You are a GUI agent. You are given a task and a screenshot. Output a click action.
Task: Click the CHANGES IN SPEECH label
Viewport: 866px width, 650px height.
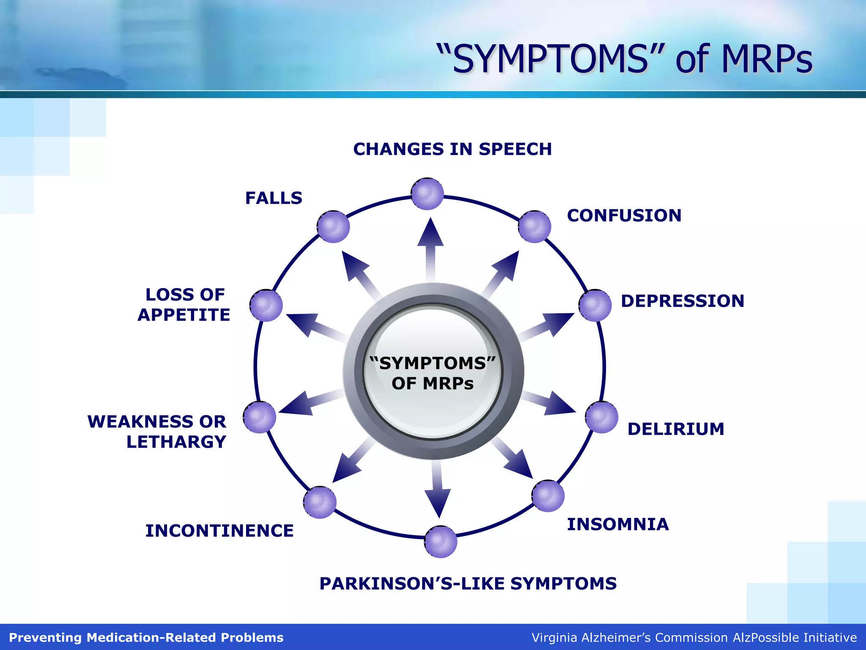[x=452, y=149]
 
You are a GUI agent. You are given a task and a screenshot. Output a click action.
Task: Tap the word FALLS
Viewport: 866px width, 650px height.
[x=274, y=198]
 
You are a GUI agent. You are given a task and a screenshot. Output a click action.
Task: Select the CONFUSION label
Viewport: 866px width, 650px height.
[x=624, y=215]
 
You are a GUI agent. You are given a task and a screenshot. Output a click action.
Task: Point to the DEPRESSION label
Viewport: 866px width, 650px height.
[x=682, y=301]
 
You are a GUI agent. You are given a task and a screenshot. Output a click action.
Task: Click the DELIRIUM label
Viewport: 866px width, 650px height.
[x=676, y=429]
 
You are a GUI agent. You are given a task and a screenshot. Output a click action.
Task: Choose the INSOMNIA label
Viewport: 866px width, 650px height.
[x=618, y=524]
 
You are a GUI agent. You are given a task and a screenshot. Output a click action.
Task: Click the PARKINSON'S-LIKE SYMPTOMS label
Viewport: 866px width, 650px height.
[x=468, y=584]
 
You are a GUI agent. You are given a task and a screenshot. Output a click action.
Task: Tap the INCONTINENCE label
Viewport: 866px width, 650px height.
[x=219, y=531]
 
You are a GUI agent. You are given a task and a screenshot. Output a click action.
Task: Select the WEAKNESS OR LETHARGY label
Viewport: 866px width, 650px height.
[x=157, y=432]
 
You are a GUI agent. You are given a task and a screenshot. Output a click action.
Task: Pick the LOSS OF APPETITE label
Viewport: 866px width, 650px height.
[x=184, y=305]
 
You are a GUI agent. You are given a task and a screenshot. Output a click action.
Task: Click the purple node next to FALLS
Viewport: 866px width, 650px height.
[x=333, y=227]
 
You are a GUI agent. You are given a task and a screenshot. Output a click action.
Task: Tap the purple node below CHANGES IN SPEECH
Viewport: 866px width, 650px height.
[x=428, y=194]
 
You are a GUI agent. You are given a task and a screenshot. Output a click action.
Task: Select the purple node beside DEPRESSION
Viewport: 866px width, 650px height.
[x=595, y=305]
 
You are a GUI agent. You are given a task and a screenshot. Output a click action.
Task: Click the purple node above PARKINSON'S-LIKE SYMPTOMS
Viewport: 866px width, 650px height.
[x=441, y=542]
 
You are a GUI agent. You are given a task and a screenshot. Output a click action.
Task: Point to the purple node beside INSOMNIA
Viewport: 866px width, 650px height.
[x=548, y=496]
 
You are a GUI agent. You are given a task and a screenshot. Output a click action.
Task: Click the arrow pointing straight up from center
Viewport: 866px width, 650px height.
[x=430, y=245]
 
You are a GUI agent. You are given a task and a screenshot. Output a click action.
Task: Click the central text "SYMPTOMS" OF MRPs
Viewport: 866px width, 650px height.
[x=433, y=373]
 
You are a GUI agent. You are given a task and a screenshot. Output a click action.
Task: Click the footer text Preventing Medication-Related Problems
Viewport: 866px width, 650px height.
[x=146, y=637]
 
